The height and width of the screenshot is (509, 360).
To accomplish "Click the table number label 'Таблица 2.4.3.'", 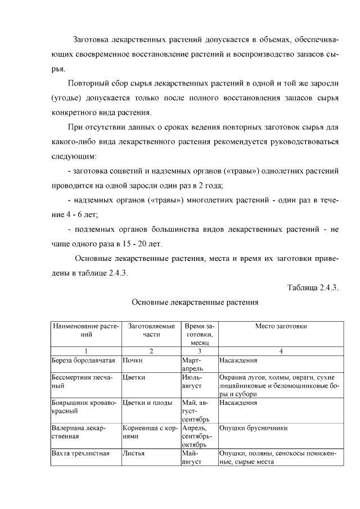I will tap(312, 287).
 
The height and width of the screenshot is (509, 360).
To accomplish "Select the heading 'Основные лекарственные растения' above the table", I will tap(195, 302).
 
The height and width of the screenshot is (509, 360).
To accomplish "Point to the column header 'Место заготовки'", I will tap(281, 326).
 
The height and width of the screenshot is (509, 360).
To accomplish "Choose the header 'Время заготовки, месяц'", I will tap(199, 334).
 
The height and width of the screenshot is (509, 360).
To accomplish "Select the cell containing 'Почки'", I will tap(132, 360).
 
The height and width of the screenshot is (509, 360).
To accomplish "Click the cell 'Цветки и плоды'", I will tap(146, 403).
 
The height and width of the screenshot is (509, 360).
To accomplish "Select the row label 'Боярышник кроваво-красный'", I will tap(80, 407).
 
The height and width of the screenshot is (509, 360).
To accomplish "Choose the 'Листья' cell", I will tap(134, 453).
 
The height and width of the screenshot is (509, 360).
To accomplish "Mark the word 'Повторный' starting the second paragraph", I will tap(88, 84).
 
